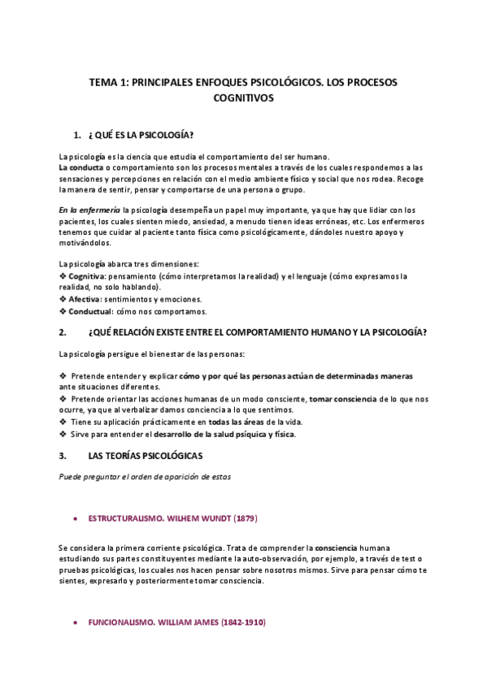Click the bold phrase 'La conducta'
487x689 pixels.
(x=80, y=167)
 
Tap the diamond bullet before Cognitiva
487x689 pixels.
(x=63, y=276)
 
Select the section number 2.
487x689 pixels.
(x=63, y=333)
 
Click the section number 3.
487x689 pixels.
(x=63, y=456)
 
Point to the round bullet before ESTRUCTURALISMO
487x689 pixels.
(x=75, y=518)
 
